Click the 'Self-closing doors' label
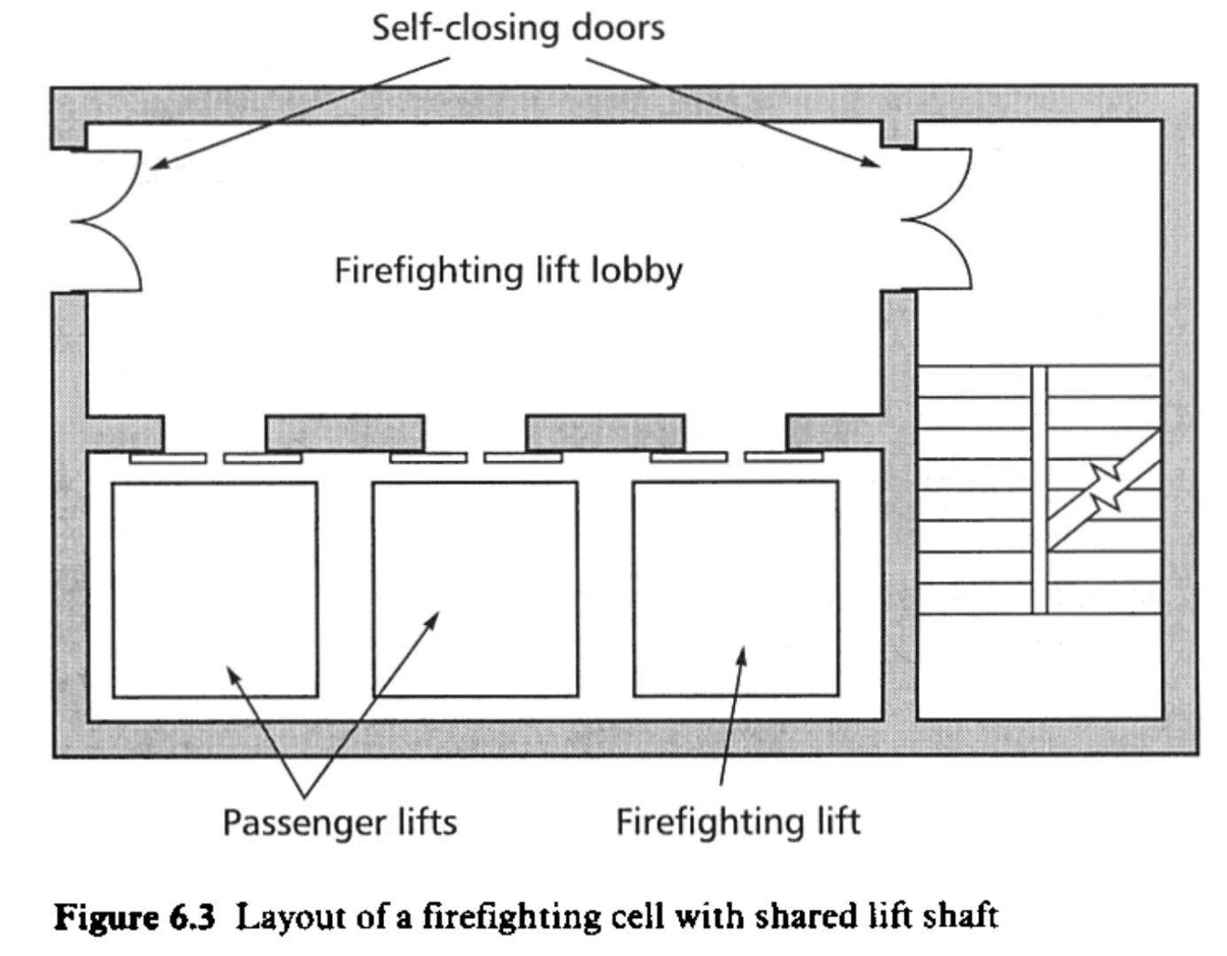pyautogui.click(x=518, y=28)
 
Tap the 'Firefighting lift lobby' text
pyautogui.click(x=508, y=269)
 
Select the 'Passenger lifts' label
pyautogui.click(x=339, y=822)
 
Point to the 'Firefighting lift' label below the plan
pyautogui.click(x=737, y=821)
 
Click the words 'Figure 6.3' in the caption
pyautogui.click(x=135, y=915)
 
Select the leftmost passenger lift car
pyautogui.click(x=214, y=590)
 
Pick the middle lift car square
pyautogui.click(x=475, y=590)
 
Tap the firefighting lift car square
pyautogui.click(x=736, y=590)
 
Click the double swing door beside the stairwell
pyautogui.click(x=937, y=219)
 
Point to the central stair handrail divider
pyautogui.click(x=1039, y=489)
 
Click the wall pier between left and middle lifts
pyautogui.click(x=344, y=433)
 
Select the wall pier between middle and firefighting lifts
pyautogui.click(x=605, y=433)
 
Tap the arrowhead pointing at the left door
pyautogui.click(x=158, y=164)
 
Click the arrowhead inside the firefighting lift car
pyautogui.click(x=742, y=656)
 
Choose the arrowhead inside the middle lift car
pyautogui.click(x=433, y=616)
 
